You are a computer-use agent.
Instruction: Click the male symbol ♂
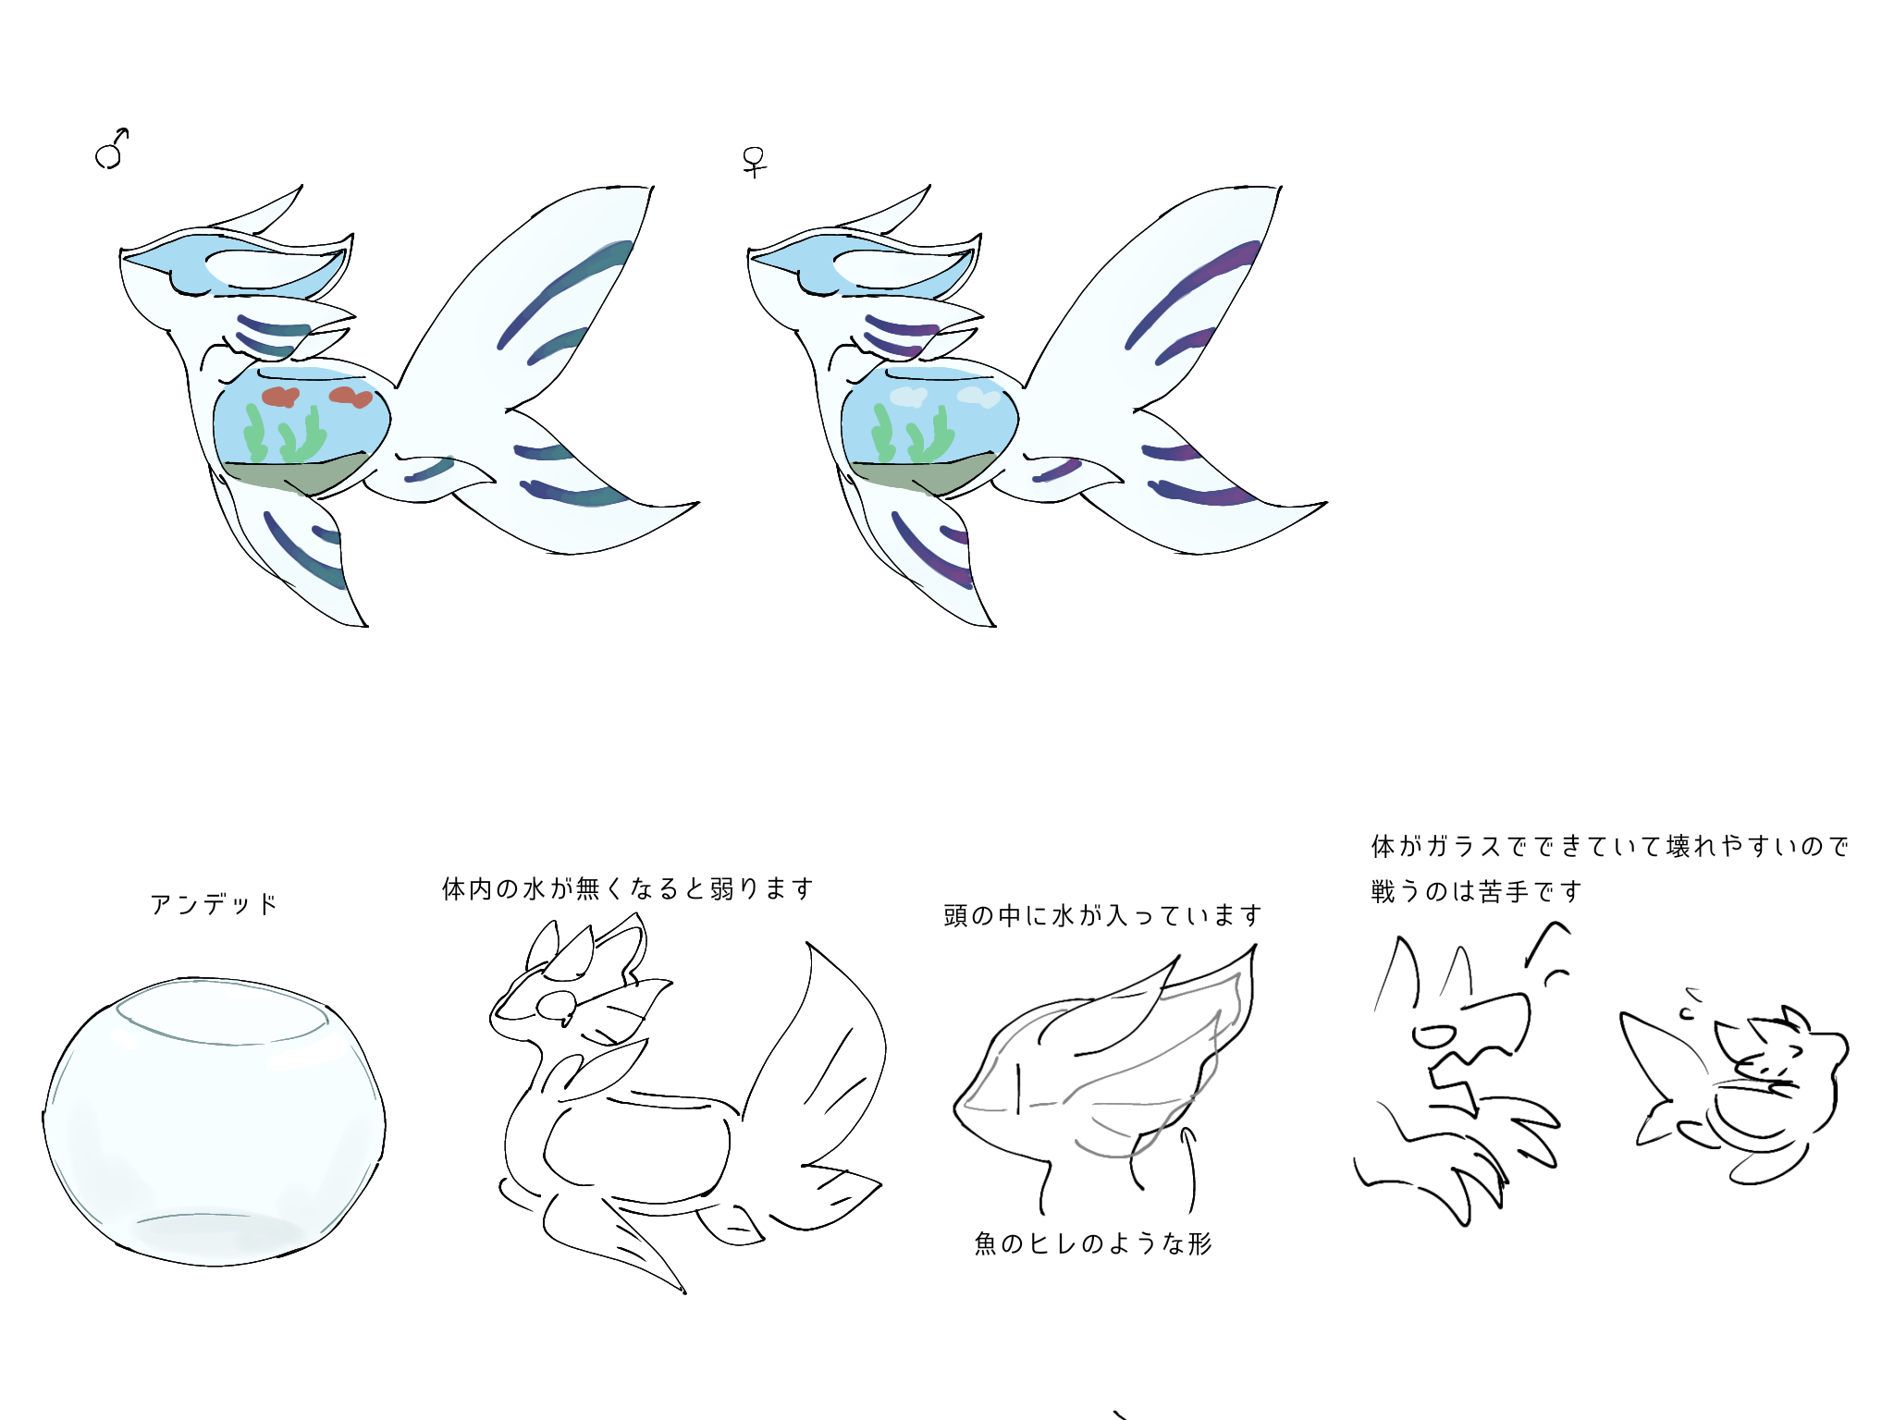(x=111, y=150)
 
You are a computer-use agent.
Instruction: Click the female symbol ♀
(x=755, y=162)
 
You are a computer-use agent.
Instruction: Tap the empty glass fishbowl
(x=214, y=1120)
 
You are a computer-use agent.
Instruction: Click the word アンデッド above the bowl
(x=214, y=903)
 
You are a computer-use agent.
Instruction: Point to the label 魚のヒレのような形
(x=1092, y=1243)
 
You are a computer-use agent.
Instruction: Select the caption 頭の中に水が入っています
(x=1102, y=915)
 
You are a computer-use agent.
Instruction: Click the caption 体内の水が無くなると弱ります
(x=628, y=888)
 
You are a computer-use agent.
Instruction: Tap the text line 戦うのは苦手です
(x=1476, y=891)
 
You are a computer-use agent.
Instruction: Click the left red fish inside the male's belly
(x=279, y=397)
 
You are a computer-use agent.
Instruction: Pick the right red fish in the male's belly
(x=351, y=397)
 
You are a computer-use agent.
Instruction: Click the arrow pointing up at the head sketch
(x=1190, y=1169)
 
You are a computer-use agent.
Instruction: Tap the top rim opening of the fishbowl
(x=221, y=1012)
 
